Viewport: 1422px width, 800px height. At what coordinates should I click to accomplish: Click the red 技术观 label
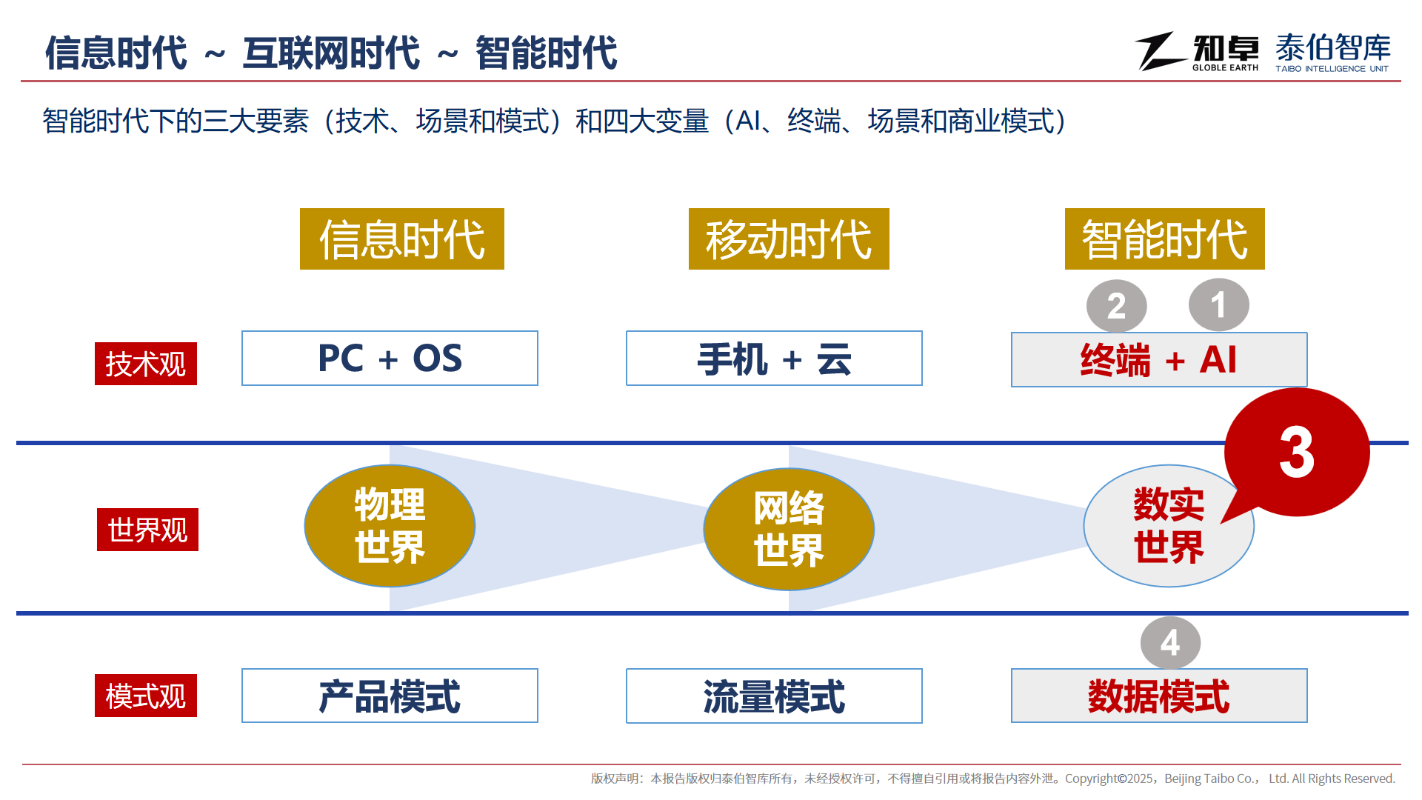coord(146,364)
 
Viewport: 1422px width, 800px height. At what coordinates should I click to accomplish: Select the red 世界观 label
coord(147,530)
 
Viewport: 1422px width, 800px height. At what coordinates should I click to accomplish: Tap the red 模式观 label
coord(146,696)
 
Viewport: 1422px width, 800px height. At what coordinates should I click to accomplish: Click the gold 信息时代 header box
coord(402,239)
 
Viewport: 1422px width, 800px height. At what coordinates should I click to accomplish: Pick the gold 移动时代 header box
coord(789,239)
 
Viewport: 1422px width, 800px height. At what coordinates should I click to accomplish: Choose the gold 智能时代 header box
coord(1165,239)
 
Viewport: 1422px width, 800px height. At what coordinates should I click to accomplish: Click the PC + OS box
coord(390,359)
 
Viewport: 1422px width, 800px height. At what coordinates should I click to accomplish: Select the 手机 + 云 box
coord(774,359)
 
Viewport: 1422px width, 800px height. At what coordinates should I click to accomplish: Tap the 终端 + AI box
coord(1159,360)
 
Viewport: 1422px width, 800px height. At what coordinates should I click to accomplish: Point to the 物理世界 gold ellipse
coord(390,526)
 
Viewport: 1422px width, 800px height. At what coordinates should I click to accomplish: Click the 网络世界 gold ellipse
coord(789,529)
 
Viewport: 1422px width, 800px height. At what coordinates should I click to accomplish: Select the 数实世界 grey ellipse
coord(1169,526)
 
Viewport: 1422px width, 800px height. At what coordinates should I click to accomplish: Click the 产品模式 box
coord(390,696)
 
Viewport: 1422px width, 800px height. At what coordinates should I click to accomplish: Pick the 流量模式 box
coord(774,696)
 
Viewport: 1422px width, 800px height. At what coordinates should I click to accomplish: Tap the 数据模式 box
coord(1159,696)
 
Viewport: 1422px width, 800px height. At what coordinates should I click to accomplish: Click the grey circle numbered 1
coord(1219,305)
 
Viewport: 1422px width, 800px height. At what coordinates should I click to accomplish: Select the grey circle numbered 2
coord(1117,307)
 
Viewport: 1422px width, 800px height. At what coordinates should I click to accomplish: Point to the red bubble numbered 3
coord(1297,452)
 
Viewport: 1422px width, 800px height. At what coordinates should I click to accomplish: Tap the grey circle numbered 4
coord(1171,643)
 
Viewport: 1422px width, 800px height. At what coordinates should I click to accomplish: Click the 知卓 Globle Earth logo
coord(1197,52)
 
